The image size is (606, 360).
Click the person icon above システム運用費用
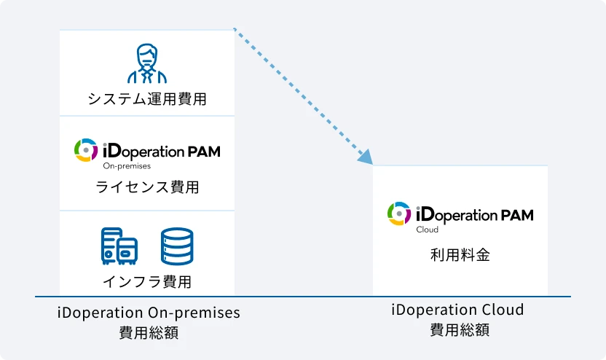coord(147,64)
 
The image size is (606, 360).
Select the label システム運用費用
coord(147,99)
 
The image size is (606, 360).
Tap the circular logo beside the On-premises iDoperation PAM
coord(86,150)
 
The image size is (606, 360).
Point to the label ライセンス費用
coord(147,187)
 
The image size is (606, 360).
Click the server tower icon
coord(119,246)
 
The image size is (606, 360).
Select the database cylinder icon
coord(177,246)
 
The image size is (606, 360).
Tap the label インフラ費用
coord(147,281)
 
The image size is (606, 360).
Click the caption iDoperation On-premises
coord(149,313)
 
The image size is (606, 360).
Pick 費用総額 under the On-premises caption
coord(149,333)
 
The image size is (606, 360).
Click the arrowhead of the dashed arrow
coord(365,157)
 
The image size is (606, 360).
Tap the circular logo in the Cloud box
coord(399,214)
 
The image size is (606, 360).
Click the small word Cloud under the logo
coord(427,230)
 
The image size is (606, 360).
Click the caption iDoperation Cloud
coord(458,310)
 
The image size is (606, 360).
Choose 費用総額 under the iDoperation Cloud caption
coord(459,329)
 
